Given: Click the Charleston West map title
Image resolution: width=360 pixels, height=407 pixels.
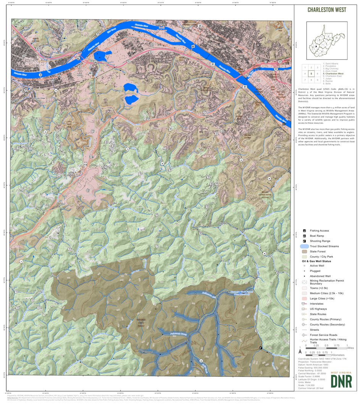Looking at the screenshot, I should pyautogui.click(x=326, y=10).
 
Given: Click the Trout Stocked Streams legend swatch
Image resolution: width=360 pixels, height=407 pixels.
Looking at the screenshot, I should pyautogui.click(x=304, y=246).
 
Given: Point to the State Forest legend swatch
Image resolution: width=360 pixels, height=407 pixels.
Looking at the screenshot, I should pyautogui.click(x=304, y=252).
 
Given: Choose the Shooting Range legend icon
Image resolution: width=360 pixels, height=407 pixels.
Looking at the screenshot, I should pyautogui.click(x=304, y=241).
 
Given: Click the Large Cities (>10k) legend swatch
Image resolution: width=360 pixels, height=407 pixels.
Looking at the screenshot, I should pyautogui.click(x=304, y=298).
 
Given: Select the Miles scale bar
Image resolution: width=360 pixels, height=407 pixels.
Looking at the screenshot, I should pyautogui.click(x=326, y=349).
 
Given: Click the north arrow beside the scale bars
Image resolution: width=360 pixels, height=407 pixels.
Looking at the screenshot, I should pyautogui.click(x=300, y=350).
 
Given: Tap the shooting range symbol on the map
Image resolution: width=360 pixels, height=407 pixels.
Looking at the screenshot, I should pyautogui.click(x=261, y=348).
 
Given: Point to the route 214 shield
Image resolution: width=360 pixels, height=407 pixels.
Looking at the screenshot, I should pyautogui.click(x=85, y=164).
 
